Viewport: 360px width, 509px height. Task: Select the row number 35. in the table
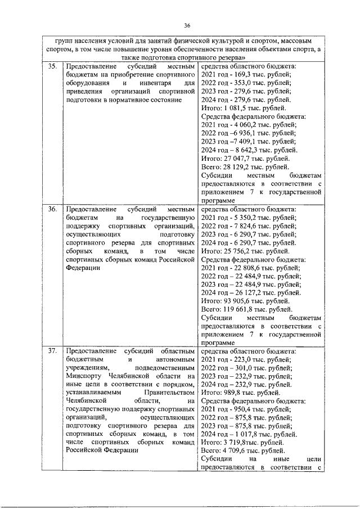[x=52, y=66]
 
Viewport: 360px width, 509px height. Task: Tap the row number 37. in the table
[x=52, y=352]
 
